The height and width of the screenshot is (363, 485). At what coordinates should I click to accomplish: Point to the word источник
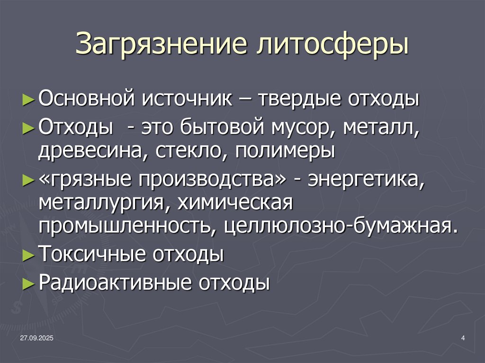pos(186,100)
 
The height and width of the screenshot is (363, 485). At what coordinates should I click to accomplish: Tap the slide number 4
pos(462,337)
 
